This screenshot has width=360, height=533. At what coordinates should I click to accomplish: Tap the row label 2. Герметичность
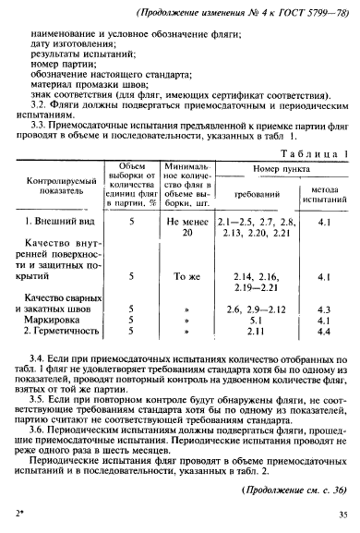point(67,331)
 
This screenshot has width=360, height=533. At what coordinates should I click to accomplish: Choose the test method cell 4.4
point(323,331)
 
